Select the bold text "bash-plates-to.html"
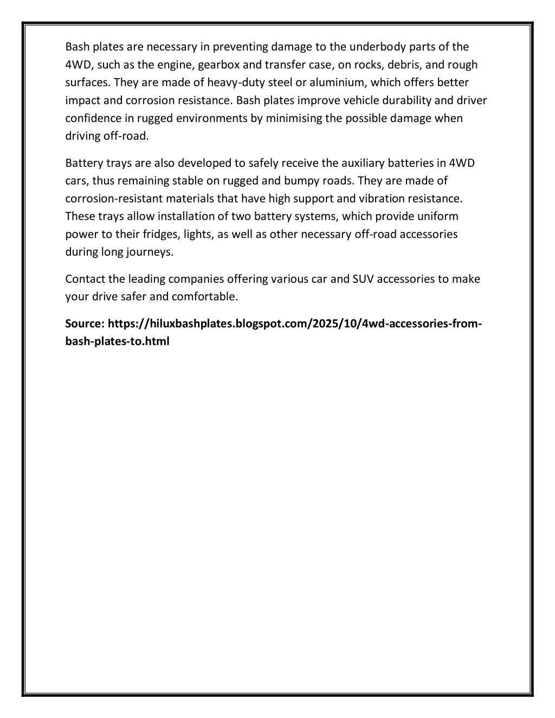[x=117, y=342]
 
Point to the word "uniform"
[x=437, y=216]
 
